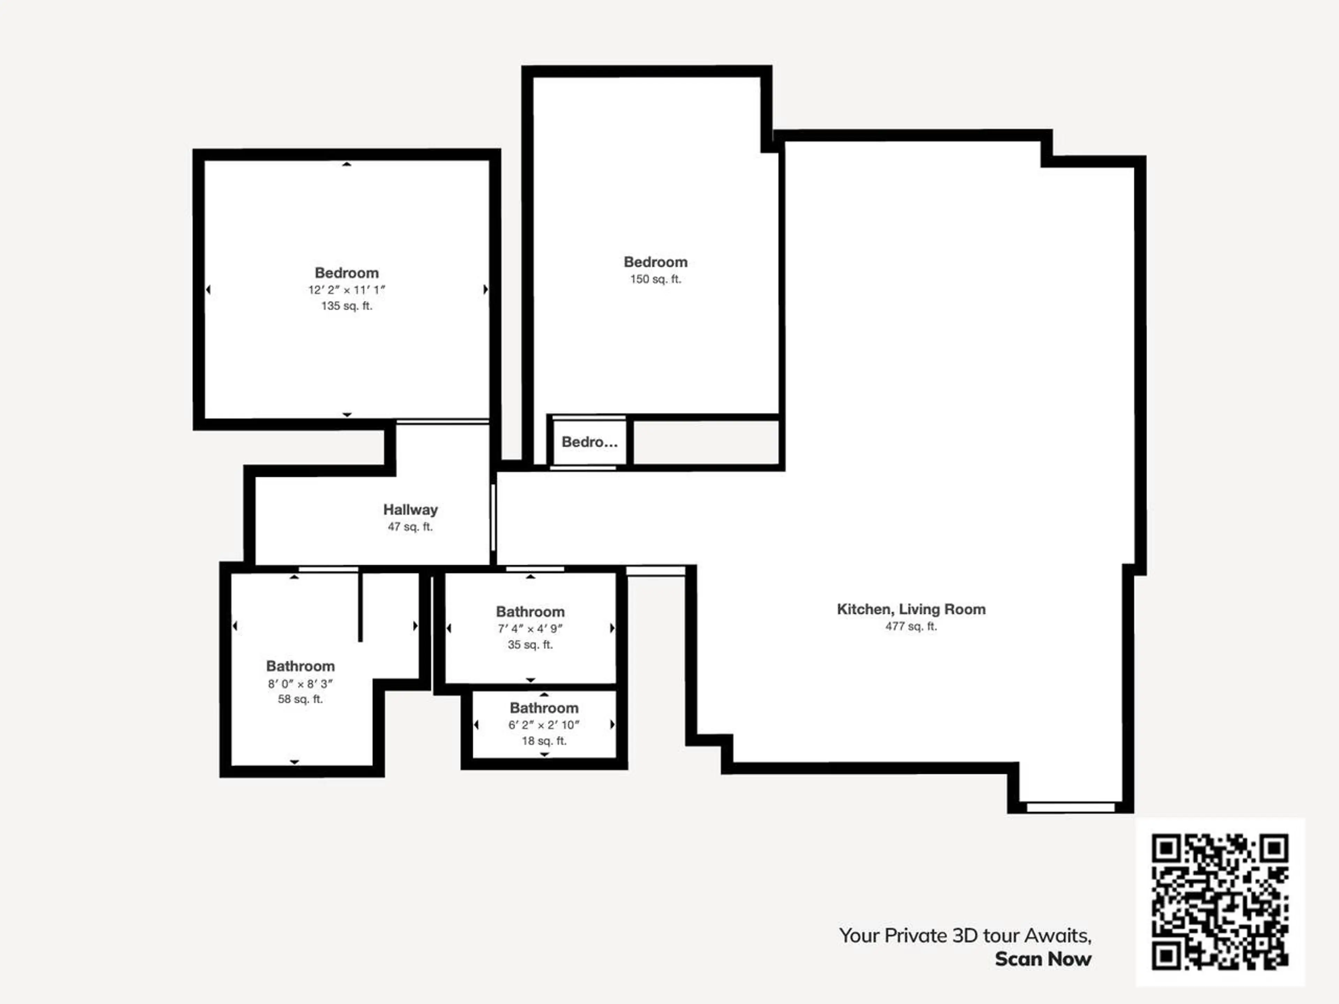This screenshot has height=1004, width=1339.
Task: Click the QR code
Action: [x=1220, y=902]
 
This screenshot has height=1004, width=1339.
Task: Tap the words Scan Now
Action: [x=1043, y=959]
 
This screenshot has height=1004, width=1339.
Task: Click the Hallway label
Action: [x=410, y=510]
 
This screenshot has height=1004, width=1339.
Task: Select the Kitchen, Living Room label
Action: [x=911, y=609]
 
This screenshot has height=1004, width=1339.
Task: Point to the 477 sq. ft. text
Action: [x=911, y=626]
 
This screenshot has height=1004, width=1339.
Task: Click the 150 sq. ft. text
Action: [x=656, y=279]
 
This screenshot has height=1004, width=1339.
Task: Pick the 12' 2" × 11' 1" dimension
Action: [x=347, y=290]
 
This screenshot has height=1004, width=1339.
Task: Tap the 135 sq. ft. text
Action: [x=347, y=306]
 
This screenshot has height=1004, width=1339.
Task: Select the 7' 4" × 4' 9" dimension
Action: [x=530, y=629]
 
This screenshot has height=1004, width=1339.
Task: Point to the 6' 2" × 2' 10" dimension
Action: [x=544, y=725]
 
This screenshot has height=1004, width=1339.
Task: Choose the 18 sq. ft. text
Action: [x=544, y=741]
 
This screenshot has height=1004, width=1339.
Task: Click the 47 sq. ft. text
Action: [x=410, y=527]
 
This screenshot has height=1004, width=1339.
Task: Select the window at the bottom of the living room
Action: [x=1071, y=807]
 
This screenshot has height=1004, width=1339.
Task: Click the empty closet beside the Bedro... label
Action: [x=706, y=442]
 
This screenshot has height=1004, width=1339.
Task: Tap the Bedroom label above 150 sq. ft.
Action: [x=656, y=262]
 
